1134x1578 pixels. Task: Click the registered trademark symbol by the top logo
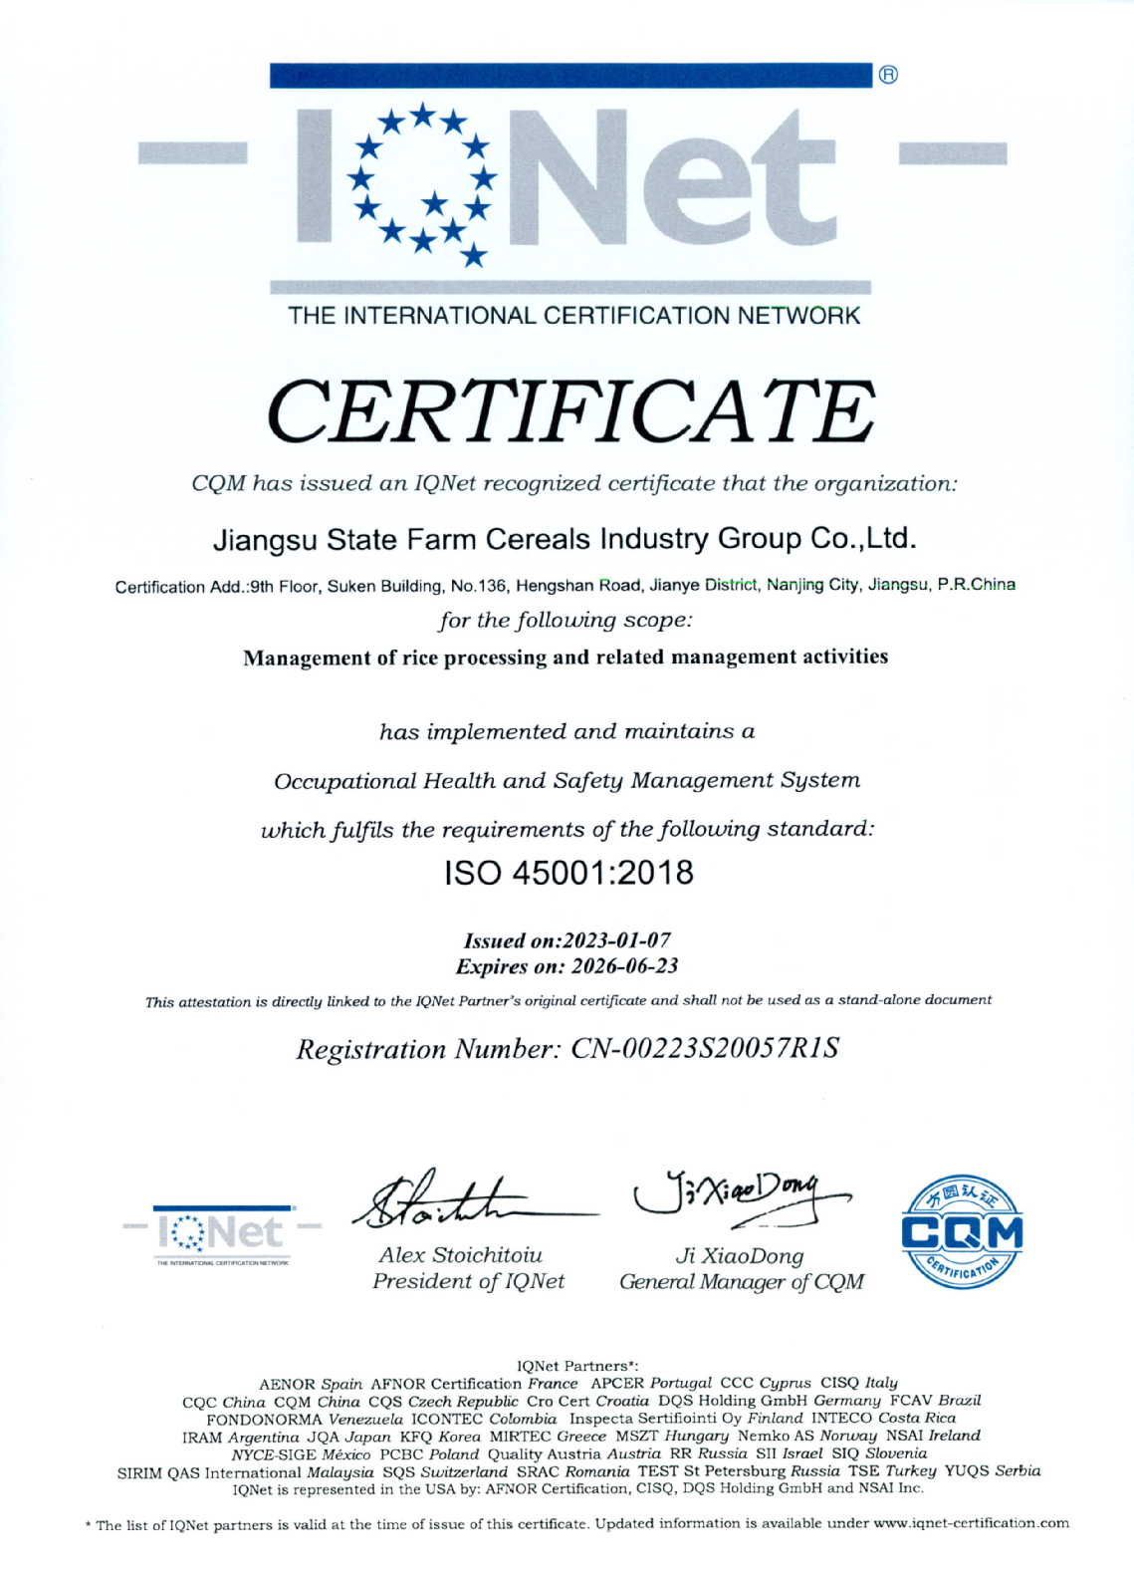(888, 75)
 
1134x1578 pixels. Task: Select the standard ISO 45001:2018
(568, 874)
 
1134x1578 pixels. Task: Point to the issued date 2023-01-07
(616, 940)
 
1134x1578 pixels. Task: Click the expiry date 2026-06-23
(622, 966)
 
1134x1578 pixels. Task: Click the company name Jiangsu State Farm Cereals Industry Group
(564, 539)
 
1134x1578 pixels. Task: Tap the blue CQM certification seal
(962, 1231)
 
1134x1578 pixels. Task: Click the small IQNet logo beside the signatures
(221, 1233)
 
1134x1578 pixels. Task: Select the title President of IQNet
(468, 1281)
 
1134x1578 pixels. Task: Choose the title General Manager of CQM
(741, 1282)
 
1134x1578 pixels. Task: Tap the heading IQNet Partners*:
(577, 1366)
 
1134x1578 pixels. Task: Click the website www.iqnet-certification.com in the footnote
(970, 1523)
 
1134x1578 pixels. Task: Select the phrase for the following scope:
(566, 620)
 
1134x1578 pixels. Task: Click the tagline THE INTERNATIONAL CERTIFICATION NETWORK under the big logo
(573, 316)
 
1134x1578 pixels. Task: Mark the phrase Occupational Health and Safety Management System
(567, 781)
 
